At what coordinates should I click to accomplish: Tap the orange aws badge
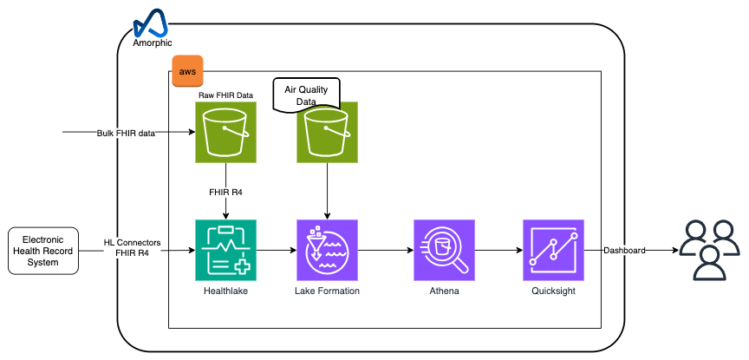pyautogui.click(x=187, y=71)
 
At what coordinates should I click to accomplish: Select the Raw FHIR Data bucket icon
pyautogui.click(x=226, y=133)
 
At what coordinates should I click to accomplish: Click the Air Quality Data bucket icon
pyautogui.click(x=327, y=133)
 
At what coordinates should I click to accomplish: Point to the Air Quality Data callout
pyautogui.click(x=306, y=94)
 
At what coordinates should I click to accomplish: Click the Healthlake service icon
pyautogui.click(x=226, y=250)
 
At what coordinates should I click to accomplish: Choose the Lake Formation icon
pyautogui.click(x=327, y=250)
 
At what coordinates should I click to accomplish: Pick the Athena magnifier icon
pyautogui.click(x=444, y=250)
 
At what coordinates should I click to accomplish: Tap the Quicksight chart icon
pyautogui.click(x=554, y=250)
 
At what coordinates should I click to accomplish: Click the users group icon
pyautogui.click(x=710, y=250)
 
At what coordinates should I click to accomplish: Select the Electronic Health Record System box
pyautogui.click(x=43, y=251)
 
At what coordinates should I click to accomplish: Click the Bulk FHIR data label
pyautogui.click(x=126, y=134)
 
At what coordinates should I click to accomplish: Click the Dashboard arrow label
pyautogui.click(x=624, y=250)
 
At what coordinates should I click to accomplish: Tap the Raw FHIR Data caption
pyautogui.click(x=226, y=95)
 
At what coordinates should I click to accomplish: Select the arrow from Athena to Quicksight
pyautogui.click(x=498, y=250)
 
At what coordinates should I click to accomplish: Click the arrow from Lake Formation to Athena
pyautogui.click(x=386, y=250)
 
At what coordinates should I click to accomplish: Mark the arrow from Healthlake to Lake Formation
pyautogui.click(x=277, y=250)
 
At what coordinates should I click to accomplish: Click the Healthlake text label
pyautogui.click(x=226, y=291)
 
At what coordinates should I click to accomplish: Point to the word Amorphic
pyautogui.click(x=153, y=43)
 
